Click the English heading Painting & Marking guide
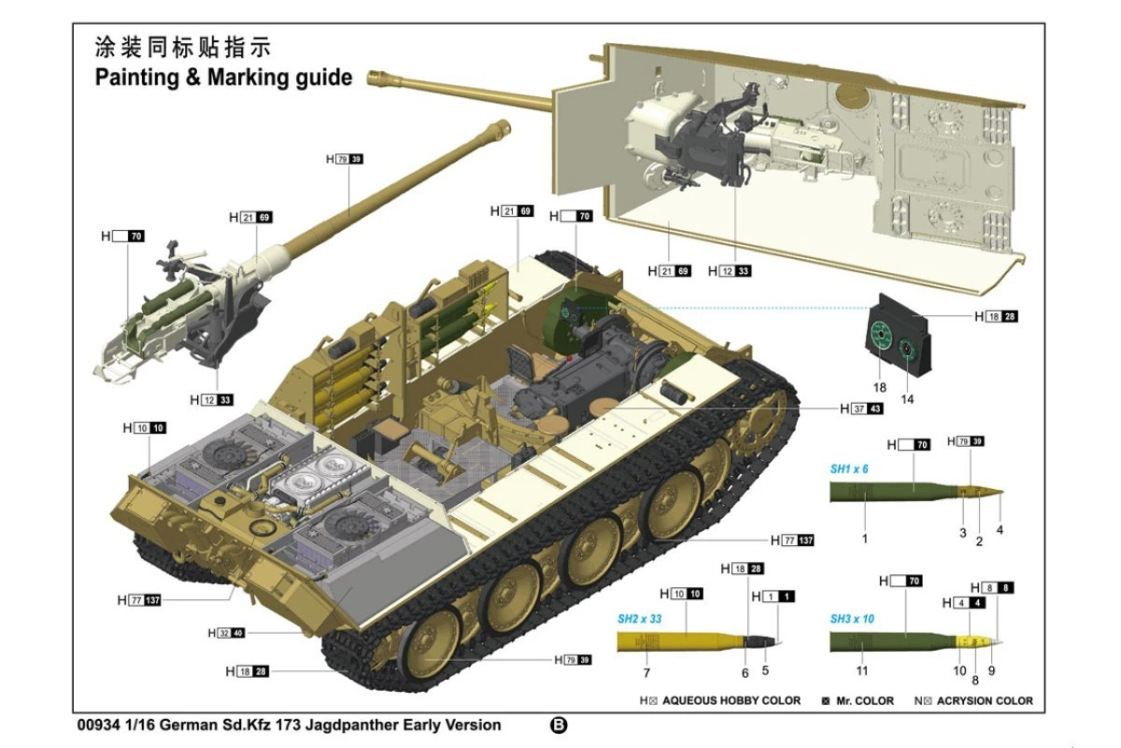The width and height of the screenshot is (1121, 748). coord(223,77)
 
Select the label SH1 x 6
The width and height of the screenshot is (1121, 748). coord(849,468)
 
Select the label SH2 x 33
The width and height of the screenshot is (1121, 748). coord(640,619)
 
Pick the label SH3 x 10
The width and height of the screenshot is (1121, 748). coord(852,619)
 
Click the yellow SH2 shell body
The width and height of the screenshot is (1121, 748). coord(673,641)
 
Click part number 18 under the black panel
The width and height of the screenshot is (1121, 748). coord(878,386)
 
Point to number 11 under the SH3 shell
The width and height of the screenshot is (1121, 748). coord(862,670)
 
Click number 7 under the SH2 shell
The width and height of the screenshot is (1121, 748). coord(646,672)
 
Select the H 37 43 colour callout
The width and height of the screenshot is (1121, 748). coord(860,409)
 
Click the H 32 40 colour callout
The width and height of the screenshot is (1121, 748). coord(225,633)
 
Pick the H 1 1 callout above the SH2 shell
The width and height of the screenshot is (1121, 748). coord(775,596)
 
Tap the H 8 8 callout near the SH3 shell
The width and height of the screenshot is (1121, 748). coord(995,587)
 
